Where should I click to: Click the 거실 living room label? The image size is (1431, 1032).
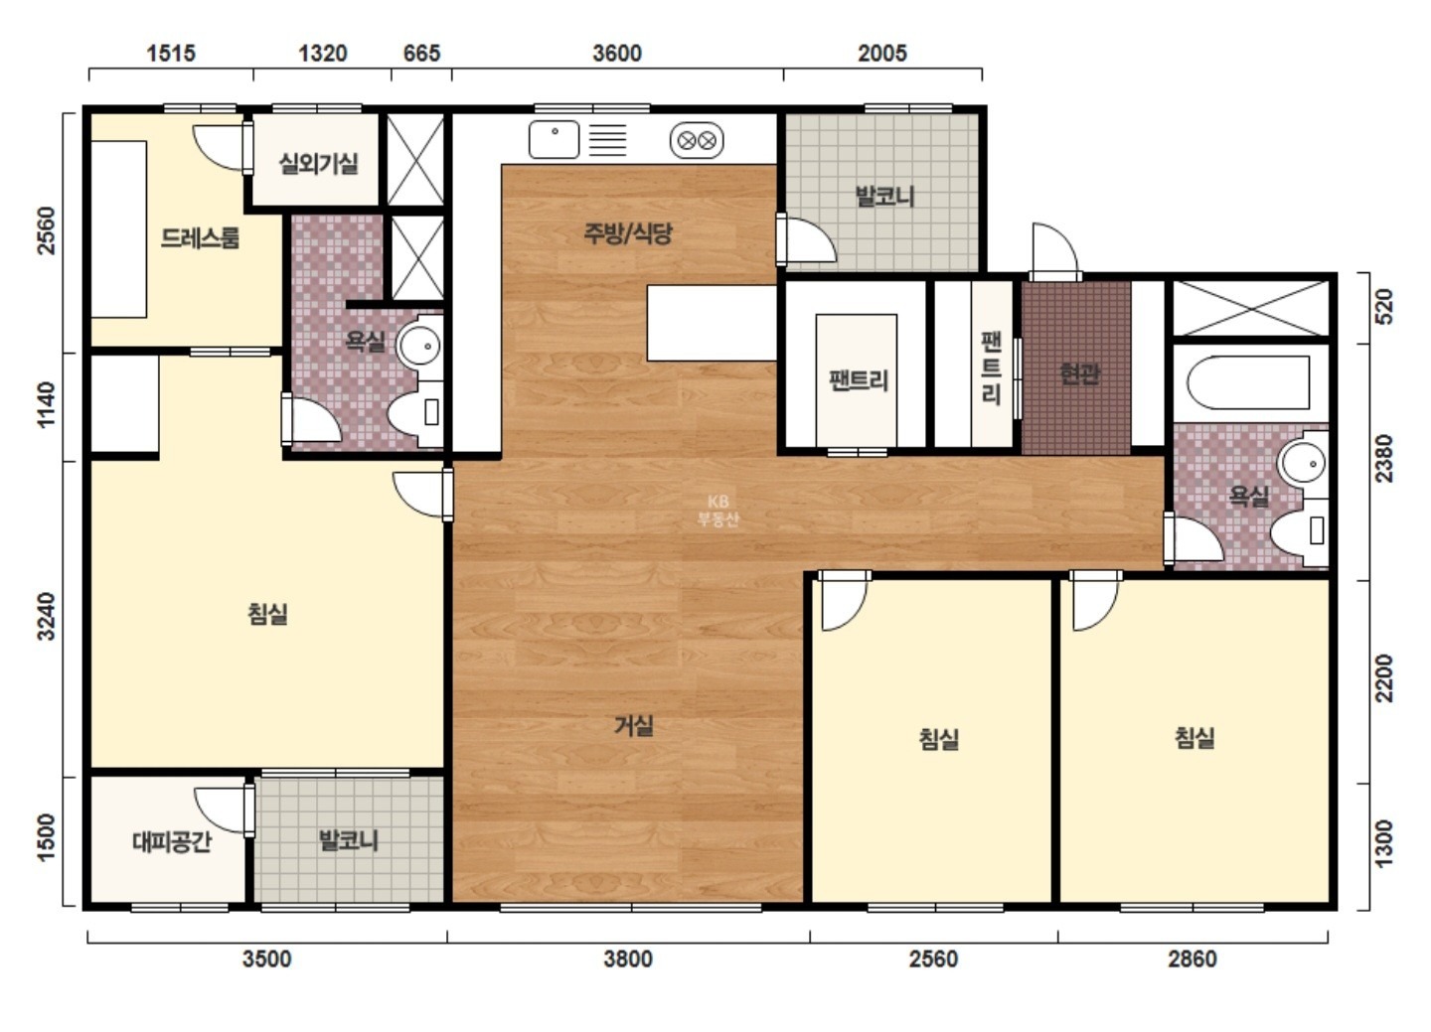click(633, 726)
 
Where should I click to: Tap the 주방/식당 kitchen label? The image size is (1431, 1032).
click(628, 233)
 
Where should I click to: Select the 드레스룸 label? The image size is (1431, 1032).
click(200, 238)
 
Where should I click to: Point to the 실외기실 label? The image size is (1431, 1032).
click(319, 164)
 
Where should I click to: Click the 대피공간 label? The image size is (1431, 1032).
click(172, 841)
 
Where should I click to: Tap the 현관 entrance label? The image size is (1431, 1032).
click(1079, 372)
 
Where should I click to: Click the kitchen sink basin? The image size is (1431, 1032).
click(554, 139)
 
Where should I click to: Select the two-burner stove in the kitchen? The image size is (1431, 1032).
click(697, 140)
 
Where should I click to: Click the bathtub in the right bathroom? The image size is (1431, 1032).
click(1248, 382)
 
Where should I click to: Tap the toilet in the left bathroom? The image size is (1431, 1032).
click(415, 413)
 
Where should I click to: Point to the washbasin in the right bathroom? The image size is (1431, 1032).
click(1302, 463)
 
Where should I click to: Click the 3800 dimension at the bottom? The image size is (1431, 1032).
click(628, 958)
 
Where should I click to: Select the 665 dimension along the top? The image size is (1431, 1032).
click(421, 53)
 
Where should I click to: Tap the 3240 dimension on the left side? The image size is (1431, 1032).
click(47, 616)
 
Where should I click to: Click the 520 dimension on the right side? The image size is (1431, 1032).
click(1383, 307)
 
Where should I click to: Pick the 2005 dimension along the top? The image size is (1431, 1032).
click(882, 53)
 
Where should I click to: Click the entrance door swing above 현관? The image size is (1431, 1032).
click(1054, 251)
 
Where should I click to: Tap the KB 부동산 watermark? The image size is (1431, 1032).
click(718, 511)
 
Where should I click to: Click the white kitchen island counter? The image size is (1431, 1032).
click(712, 323)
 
